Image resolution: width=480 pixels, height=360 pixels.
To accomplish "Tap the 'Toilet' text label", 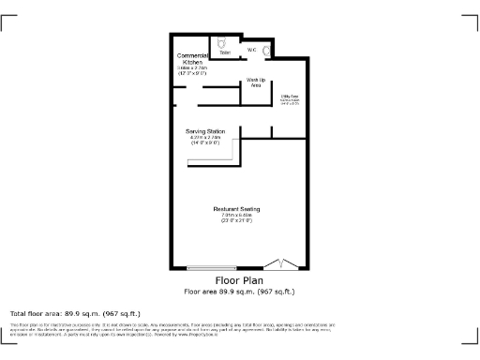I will (x=225, y=52).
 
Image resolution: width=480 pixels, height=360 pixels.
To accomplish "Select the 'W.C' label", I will (x=251, y=49).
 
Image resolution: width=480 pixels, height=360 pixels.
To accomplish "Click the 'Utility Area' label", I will (x=290, y=96).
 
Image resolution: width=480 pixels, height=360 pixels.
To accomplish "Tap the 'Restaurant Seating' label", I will (x=236, y=208).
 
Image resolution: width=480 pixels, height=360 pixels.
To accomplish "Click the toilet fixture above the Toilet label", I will (x=221, y=42).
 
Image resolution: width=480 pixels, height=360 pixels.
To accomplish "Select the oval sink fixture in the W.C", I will (x=268, y=52).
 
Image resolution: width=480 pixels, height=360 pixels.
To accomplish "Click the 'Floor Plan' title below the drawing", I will (x=239, y=280).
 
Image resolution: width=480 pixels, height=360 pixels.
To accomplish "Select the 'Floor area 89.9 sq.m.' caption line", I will (x=239, y=291).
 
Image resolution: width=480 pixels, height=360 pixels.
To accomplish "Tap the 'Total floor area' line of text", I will (x=75, y=313).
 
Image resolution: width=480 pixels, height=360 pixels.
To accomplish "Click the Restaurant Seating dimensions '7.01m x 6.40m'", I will (x=236, y=215).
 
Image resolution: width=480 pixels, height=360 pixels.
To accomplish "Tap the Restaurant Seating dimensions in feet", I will (x=236, y=220).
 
